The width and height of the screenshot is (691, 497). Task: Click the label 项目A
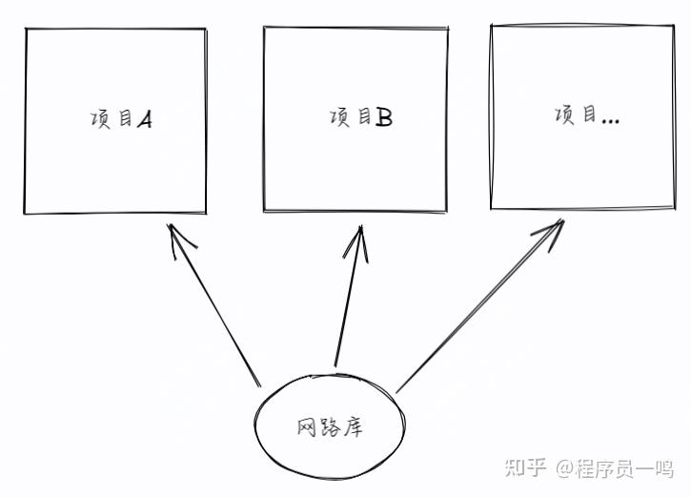(121, 121)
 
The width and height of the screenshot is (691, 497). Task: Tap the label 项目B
(360, 118)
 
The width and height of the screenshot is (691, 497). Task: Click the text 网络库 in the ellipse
(330, 427)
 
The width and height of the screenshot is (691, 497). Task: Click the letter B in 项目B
(383, 118)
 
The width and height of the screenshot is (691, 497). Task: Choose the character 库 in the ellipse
(354, 427)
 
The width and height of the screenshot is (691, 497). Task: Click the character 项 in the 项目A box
(99, 121)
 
